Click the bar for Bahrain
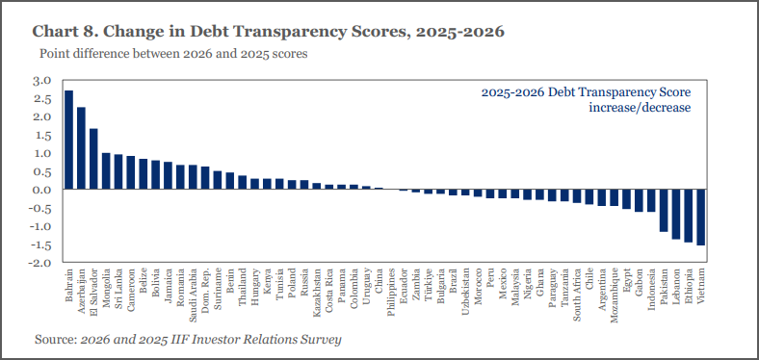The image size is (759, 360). pos(69,140)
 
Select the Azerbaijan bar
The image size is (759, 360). pos(81,148)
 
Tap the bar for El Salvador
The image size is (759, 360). pos(93,159)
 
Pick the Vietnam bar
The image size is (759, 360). pos(700,218)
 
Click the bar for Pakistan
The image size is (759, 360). pos(663,211)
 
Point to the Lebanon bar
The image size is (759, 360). pos(676,214)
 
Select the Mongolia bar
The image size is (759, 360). pos(106,171)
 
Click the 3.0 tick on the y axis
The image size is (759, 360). pos(41,81)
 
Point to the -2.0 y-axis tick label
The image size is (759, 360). pos(39,263)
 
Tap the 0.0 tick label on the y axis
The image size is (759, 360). pos(41,190)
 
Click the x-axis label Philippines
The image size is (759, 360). pos(391,292)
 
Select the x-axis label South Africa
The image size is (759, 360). pos(577,295)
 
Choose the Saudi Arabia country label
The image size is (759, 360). pos(194,295)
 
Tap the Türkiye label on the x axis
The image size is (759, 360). pos(429,285)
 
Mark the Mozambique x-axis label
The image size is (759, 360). pos(614,295)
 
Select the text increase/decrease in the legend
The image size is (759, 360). pos(640,108)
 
